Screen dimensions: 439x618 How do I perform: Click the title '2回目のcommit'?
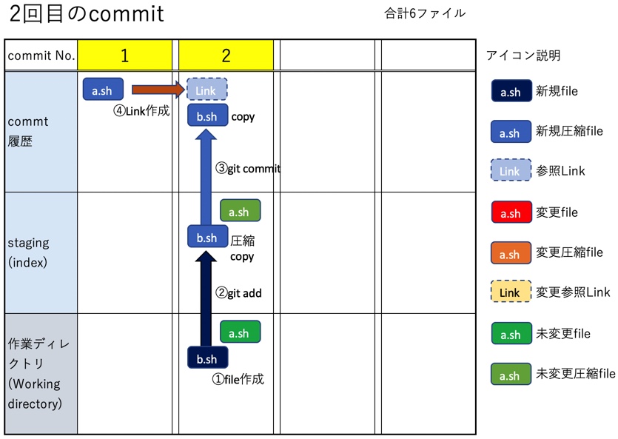click(x=87, y=14)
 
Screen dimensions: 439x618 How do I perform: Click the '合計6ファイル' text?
click(x=425, y=13)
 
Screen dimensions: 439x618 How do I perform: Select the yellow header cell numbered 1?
click(x=124, y=56)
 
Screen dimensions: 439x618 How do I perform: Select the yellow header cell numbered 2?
click(x=226, y=56)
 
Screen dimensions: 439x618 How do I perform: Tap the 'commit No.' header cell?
click(x=41, y=56)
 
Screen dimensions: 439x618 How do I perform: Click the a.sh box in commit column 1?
click(x=102, y=90)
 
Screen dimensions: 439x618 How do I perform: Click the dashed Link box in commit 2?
click(x=206, y=90)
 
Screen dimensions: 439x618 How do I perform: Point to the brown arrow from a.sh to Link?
click(x=157, y=90)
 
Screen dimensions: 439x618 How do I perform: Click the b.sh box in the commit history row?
click(x=207, y=115)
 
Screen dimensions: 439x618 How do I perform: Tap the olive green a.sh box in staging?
click(x=240, y=211)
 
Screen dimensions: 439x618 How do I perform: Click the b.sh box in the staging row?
click(x=207, y=237)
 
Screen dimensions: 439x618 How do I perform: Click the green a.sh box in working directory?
click(x=240, y=332)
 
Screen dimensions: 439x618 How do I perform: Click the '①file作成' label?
click(x=238, y=379)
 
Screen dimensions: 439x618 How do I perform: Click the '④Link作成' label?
click(x=141, y=111)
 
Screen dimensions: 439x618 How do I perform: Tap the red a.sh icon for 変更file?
click(x=511, y=212)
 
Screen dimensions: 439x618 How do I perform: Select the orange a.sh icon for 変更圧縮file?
click(x=511, y=252)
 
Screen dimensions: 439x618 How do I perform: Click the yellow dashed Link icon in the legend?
click(x=511, y=292)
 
